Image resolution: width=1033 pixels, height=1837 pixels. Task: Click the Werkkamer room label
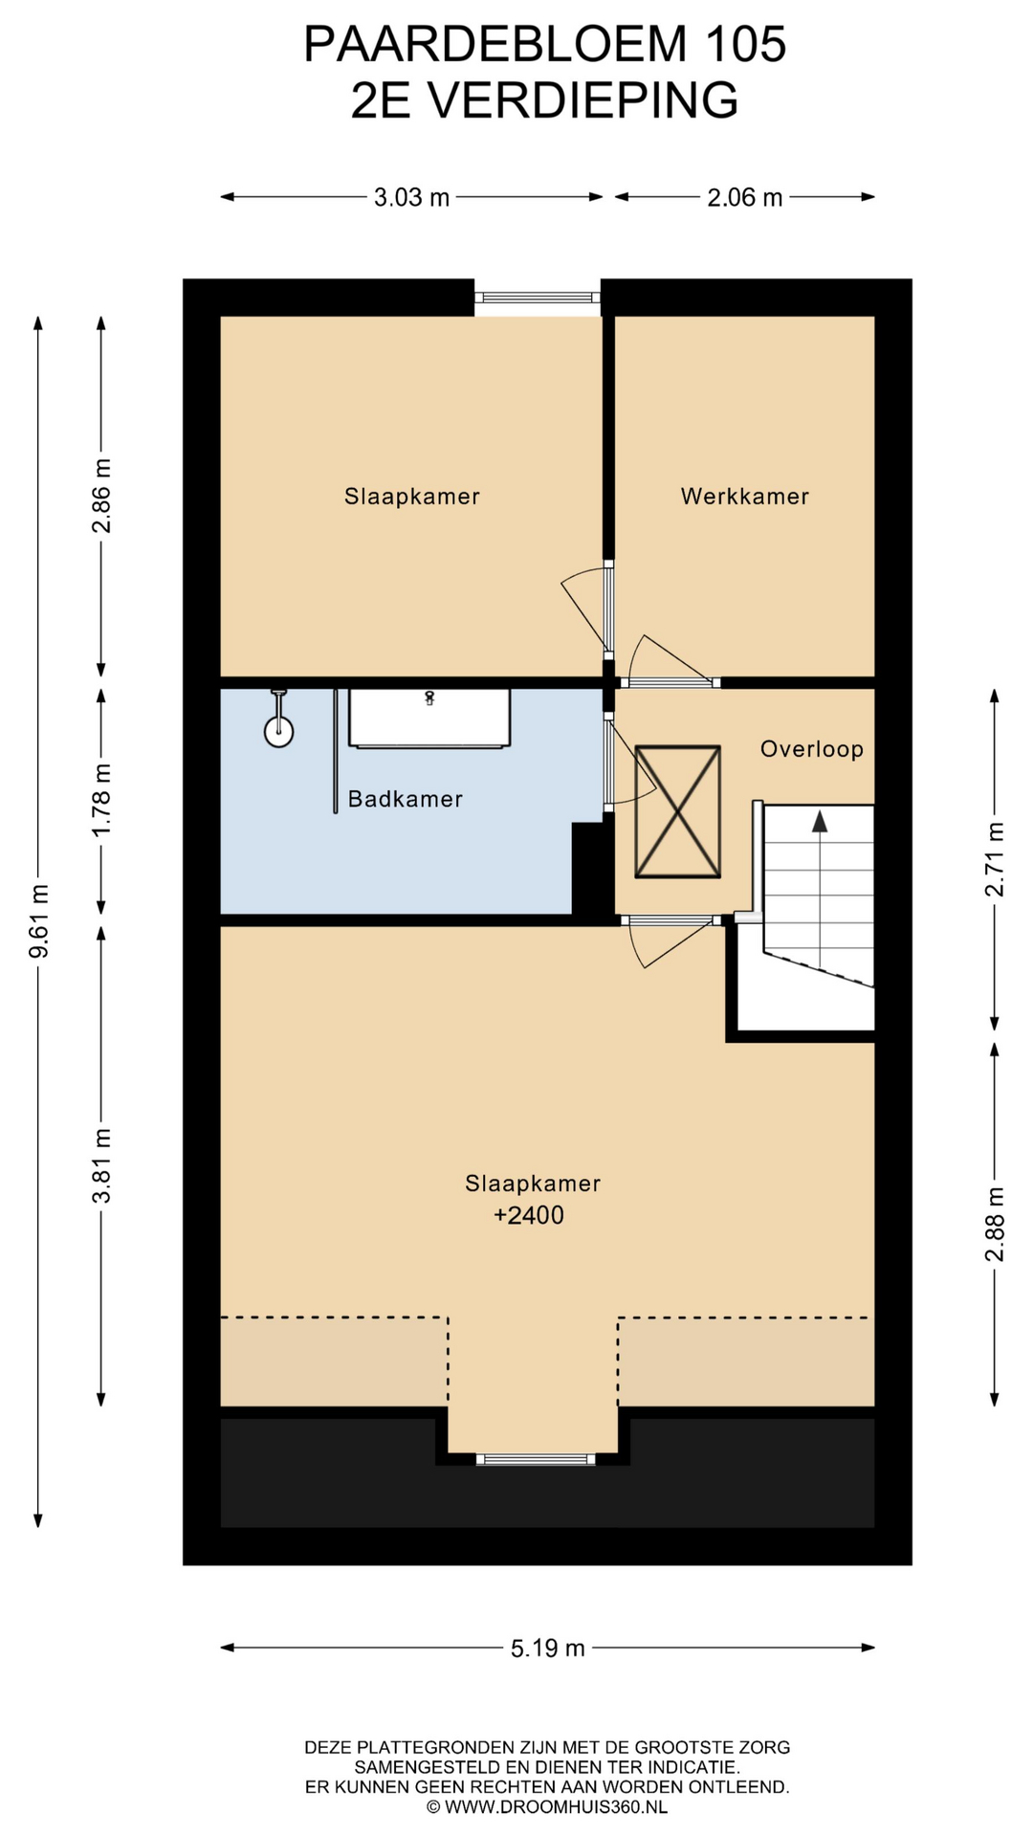pos(744,497)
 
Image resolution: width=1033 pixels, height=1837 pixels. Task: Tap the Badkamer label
pos(405,799)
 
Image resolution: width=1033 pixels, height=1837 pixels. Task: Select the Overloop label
pos(812,749)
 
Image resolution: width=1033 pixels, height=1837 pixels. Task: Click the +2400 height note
pos(529,1215)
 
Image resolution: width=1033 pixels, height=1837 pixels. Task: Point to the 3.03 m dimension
pos(411,197)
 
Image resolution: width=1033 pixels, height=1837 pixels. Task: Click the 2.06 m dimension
pos(745,197)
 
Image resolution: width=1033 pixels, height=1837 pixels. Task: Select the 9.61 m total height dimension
pos(39,921)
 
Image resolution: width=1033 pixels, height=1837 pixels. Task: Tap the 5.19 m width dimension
pos(547,1648)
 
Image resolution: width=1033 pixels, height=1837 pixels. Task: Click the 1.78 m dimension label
pos(101,800)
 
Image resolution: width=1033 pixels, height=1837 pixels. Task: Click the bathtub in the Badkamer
pos(429,718)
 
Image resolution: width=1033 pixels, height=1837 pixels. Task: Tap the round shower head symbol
pos(278,732)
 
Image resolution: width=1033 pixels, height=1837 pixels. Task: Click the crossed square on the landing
pos(678,811)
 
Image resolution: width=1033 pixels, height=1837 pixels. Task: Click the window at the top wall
pos(538,298)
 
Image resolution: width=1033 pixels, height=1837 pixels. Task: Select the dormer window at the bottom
pos(536,1459)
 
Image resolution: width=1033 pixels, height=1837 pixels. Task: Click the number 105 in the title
pos(746,44)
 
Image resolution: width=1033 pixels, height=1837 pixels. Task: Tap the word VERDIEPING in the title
pos(582,100)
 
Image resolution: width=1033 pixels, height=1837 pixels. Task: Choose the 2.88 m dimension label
pos(995,1224)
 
